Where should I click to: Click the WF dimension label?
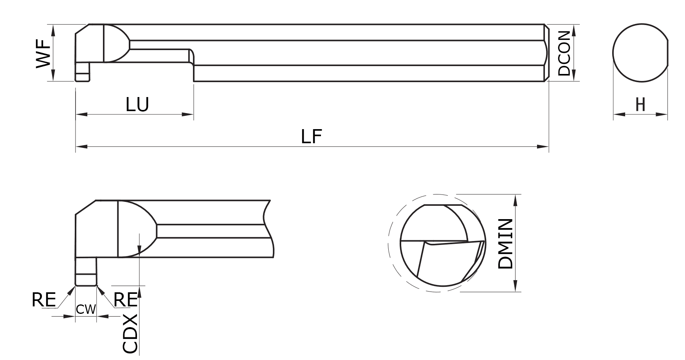[x=43, y=53]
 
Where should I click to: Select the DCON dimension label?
[x=564, y=53]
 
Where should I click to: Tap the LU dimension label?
[x=137, y=104]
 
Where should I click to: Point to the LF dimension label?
[x=311, y=137]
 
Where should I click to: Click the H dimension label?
[x=640, y=104]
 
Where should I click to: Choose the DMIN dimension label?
[x=505, y=243]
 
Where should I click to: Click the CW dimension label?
[x=86, y=310]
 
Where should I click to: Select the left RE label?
[x=43, y=300]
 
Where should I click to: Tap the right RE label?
[x=125, y=300]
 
